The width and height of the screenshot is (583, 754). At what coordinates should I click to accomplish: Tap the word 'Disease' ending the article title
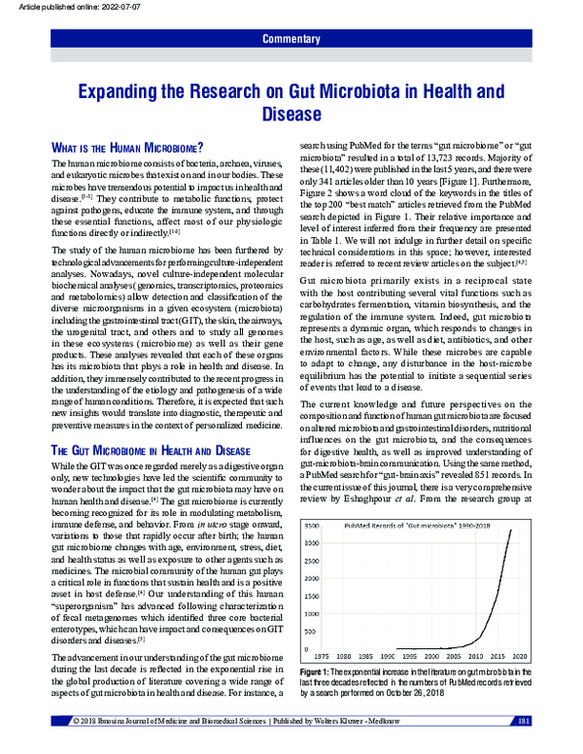[x=291, y=115]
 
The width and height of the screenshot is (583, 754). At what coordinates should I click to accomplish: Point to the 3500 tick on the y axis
[x=315, y=524]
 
